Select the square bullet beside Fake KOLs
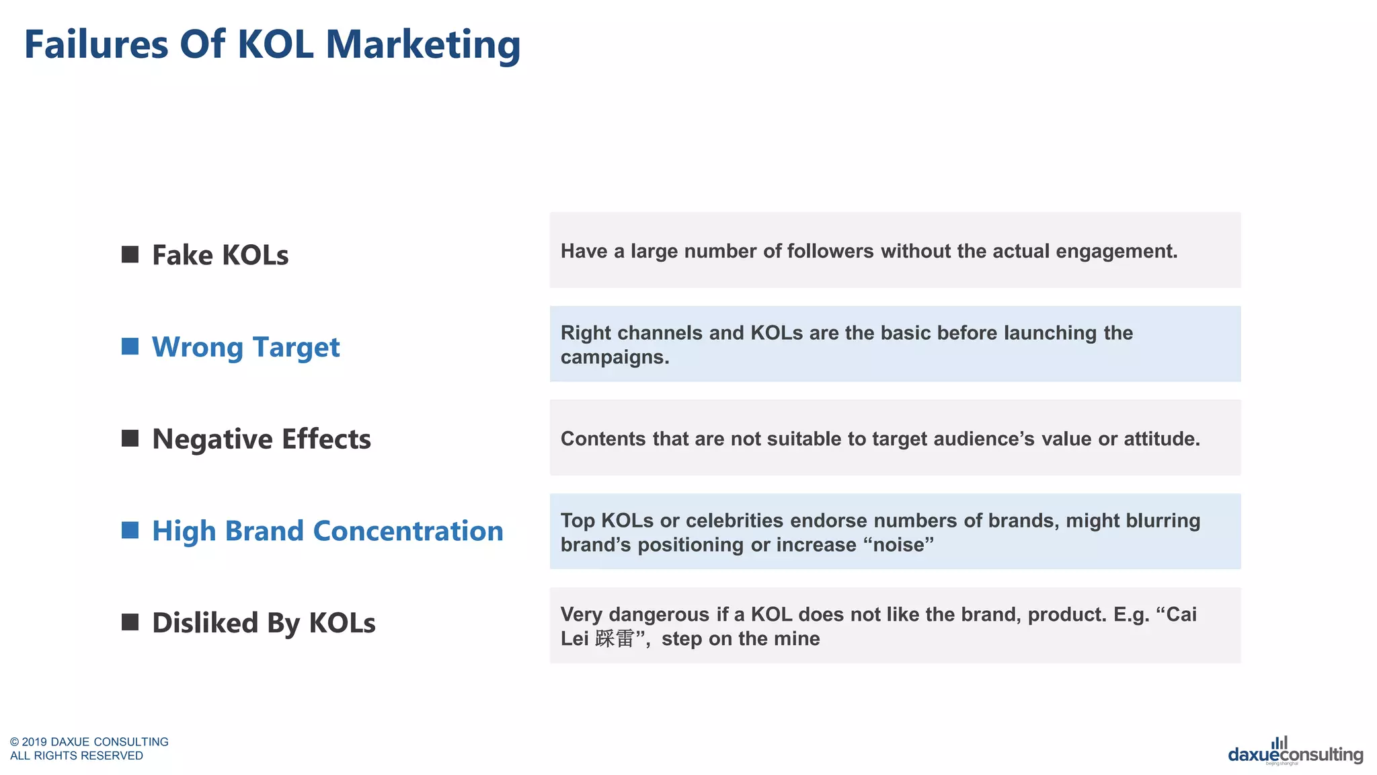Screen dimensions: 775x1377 [x=130, y=254]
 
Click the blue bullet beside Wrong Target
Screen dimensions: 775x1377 [x=130, y=346]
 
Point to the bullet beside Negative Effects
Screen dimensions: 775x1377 [x=130, y=439]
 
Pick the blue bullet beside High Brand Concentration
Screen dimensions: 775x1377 [x=130, y=530]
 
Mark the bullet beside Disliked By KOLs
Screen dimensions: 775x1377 [x=130, y=622]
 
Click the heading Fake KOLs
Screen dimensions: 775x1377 [x=220, y=256]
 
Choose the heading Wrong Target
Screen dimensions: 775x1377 [x=245, y=348]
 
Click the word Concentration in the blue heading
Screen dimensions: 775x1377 [x=408, y=531]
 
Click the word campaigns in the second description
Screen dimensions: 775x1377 [x=615, y=357]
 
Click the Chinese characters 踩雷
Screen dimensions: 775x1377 [x=615, y=638]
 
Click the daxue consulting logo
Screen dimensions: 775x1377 [x=1295, y=752]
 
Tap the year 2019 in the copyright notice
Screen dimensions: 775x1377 [x=34, y=742]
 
